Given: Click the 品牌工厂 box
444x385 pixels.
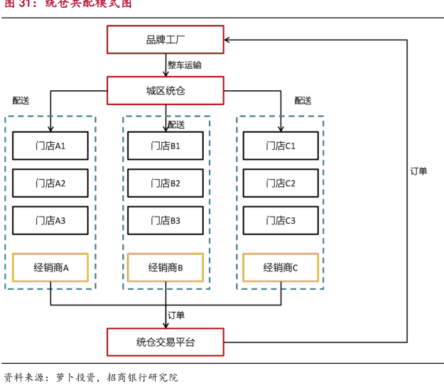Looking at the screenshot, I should [165, 39].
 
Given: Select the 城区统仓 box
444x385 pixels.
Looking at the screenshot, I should [165, 91].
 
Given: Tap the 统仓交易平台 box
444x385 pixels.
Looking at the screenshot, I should [165, 342].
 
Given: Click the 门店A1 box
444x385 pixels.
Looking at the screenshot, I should [50, 146].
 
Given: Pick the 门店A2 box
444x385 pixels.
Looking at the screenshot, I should [50, 183].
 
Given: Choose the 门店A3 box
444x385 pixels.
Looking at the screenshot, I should [50, 221].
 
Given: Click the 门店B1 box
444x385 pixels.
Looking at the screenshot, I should [166, 146].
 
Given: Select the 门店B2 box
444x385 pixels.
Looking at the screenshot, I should [166, 183].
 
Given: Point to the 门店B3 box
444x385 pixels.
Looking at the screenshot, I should [166, 221].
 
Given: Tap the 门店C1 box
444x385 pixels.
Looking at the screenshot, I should [281, 146].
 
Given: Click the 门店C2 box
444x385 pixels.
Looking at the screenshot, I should [281, 183].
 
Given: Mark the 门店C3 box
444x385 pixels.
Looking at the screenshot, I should [281, 221].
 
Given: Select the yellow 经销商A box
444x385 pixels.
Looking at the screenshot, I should [50, 268].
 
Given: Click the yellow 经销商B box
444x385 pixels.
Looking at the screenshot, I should [166, 268].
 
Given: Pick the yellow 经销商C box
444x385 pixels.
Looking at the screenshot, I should [281, 268].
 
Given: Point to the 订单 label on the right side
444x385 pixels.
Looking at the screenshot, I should [419, 171].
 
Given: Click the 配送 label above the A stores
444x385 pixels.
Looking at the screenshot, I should [21, 101].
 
